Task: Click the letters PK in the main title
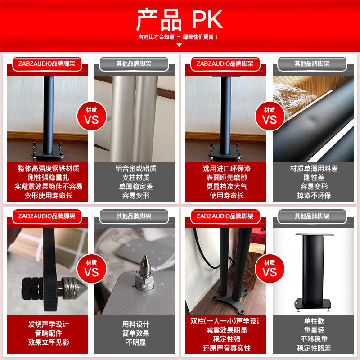(207, 19)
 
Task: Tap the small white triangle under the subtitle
(179, 45)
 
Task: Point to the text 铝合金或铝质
(136, 168)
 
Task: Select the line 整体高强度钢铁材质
(49, 168)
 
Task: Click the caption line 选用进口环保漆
(227, 168)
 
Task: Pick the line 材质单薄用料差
(314, 168)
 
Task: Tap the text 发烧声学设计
(49, 324)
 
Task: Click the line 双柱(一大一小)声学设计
(227, 321)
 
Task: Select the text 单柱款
(314, 321)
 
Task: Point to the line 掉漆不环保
(314, 195)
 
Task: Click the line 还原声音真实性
(227, 348)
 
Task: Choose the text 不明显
(136, 342)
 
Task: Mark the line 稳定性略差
(314, 348)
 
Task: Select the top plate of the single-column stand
(314, 234)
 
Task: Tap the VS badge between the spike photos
(92, 269)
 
